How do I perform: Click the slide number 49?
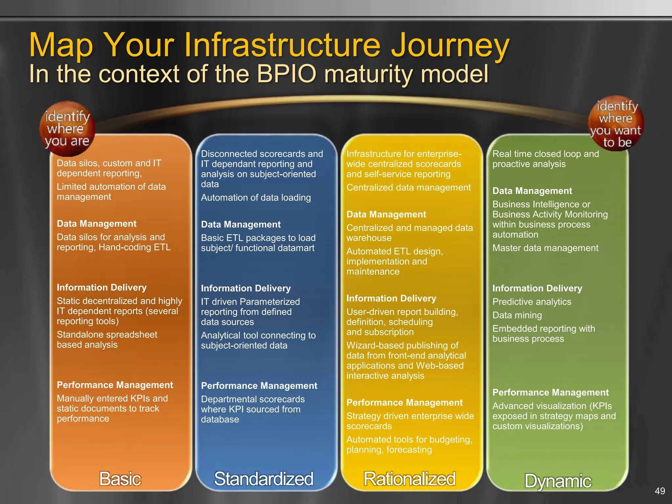[x=660, y=491]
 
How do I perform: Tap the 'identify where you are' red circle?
[x=67, y=129]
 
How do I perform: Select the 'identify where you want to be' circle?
[x=616, y=124]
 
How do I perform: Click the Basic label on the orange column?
[x=120, y=479]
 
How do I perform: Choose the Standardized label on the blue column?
[x=263, y=479]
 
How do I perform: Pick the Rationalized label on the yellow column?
[x=409, y=479]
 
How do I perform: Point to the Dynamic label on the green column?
[x=558, y=481]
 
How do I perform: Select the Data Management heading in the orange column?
[x=96, y=224]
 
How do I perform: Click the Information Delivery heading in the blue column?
[x=246, y=288]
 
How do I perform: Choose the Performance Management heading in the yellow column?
[x=404, y=403]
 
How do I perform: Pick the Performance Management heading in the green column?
[x=550, y=392]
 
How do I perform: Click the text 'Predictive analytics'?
[x=532, y=302]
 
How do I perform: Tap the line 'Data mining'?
[x=517, y=315]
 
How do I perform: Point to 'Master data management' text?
[x=545, y=248]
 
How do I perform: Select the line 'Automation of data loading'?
[x=256, y=198]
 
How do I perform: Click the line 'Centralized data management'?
[x=409, y=188]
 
